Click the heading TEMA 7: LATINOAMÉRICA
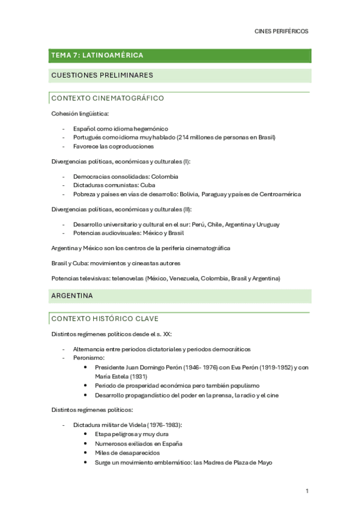click(x=97, y=55)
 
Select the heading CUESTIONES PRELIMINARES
click(x=102, y=75)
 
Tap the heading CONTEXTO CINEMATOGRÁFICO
click(x=108, y=98)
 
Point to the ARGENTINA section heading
click(x=72, y=296)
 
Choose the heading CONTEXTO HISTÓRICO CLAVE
click(x=105, y=318)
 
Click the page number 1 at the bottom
click(x=307, y=491)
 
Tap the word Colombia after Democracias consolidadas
click(x=165, y=177)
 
